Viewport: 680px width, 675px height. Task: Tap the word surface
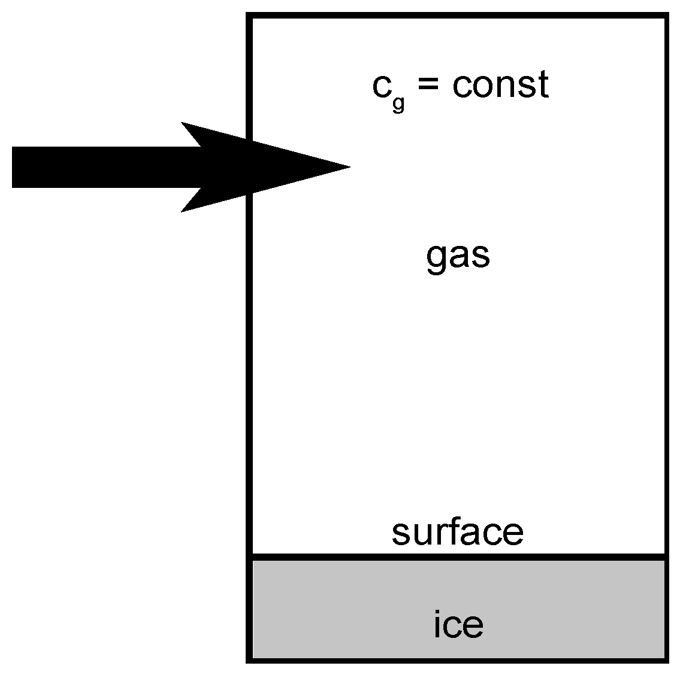click(458, 532)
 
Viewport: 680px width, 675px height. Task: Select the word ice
click(458, 625)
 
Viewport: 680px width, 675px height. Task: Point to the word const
click(500, 85)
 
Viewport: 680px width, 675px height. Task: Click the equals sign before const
click(428, 85)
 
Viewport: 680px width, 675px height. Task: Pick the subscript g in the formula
click(398, 103)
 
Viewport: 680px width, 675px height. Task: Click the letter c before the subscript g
click(382, 87)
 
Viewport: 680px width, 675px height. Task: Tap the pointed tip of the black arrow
click(347, 167)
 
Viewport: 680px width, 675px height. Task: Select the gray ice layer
click(359, 610)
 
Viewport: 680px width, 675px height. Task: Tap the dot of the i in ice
click(437, 612)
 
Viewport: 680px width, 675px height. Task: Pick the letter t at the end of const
click(543, 85)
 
